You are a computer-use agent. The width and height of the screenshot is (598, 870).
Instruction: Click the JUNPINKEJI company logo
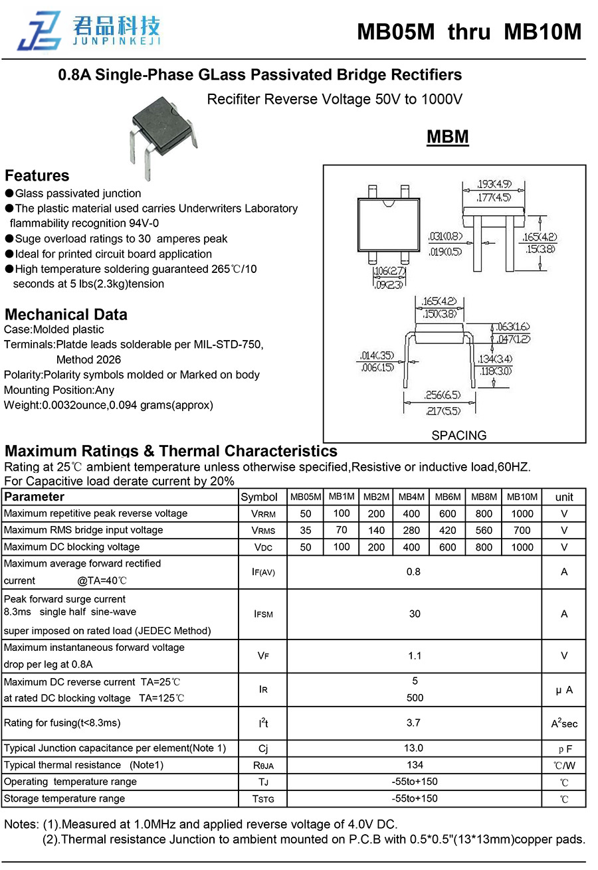coord(89,31)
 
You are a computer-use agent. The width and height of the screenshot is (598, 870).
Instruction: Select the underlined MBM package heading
coord(447,137)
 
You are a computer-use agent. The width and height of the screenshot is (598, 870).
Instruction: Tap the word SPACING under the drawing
coord(458,436)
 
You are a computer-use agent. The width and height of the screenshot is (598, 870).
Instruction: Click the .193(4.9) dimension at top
coord(494,184)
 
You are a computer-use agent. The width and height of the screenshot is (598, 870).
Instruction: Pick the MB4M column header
coord(411,497)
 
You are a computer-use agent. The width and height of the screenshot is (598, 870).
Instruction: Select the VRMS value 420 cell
coord(447,531)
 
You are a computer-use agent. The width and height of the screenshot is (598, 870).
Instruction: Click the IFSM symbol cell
coord(263,614)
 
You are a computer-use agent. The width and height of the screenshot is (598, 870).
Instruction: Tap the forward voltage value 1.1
coord(415,656)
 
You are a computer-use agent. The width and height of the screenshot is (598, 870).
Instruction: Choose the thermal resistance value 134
coord(415,765)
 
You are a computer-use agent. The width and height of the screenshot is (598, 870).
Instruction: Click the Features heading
coord(37,176)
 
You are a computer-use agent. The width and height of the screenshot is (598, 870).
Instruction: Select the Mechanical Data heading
coord(66,315)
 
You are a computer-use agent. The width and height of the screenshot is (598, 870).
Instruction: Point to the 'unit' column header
coord(564,497)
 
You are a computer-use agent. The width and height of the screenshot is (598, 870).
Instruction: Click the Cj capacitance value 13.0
coord(415,748)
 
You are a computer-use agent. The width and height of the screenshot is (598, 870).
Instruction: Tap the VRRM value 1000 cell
coord(522,513)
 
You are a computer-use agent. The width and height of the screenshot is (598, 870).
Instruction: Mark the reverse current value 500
coord(415,698)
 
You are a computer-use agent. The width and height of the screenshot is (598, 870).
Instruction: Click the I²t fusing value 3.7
coord(415,723)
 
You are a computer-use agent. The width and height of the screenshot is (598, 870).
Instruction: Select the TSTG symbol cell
coord(263,799)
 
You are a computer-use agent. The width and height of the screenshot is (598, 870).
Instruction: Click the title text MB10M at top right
coord(542,32)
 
